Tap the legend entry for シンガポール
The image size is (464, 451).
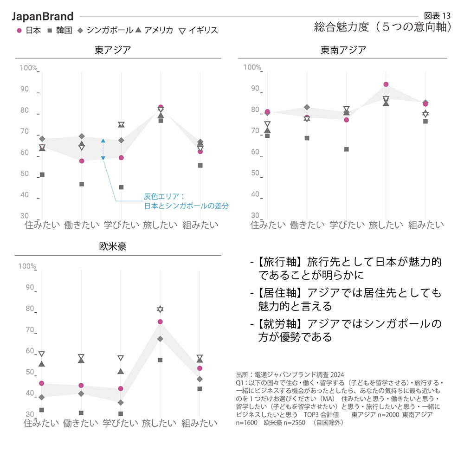[x=105, y=31]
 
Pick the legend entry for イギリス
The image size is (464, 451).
[x=198, y=31]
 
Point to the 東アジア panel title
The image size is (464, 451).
[x=113, y=50]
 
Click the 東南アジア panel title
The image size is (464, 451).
[x=343, y=50]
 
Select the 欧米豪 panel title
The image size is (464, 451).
[x=113, y=247]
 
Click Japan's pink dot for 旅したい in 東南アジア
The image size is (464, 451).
[x=386, y=84]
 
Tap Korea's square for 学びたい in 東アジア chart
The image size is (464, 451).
[x=121, y=187]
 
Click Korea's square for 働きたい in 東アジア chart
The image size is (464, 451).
[x=82, y=184]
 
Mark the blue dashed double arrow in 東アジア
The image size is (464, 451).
[x=103, y=149]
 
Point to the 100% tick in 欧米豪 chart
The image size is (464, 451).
[x=27, y=266]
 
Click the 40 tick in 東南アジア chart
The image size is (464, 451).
[x=255, y=194]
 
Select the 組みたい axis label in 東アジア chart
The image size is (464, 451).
[x=200, y=225]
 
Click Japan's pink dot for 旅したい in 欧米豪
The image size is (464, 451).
[x=160, y=322]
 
